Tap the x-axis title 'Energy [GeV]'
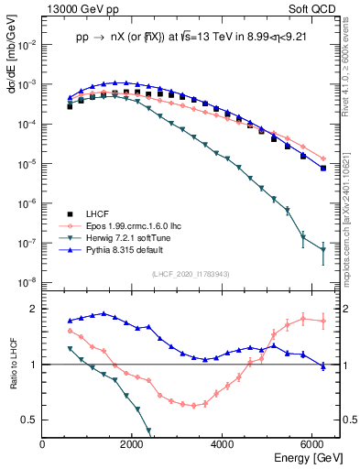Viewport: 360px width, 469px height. coord(303,458)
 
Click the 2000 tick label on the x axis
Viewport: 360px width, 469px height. coord(133,444)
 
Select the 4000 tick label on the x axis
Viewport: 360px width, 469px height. coord(223,444)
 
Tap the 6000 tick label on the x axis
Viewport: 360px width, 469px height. coord(312,444)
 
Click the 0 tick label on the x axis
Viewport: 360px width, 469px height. coord(43,444)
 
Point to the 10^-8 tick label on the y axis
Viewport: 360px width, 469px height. coord(27,282)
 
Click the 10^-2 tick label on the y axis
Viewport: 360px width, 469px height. coord(27,44)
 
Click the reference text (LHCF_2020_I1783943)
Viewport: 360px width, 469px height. coord(191,273)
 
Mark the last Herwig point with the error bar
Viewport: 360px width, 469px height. coord(322,250)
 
